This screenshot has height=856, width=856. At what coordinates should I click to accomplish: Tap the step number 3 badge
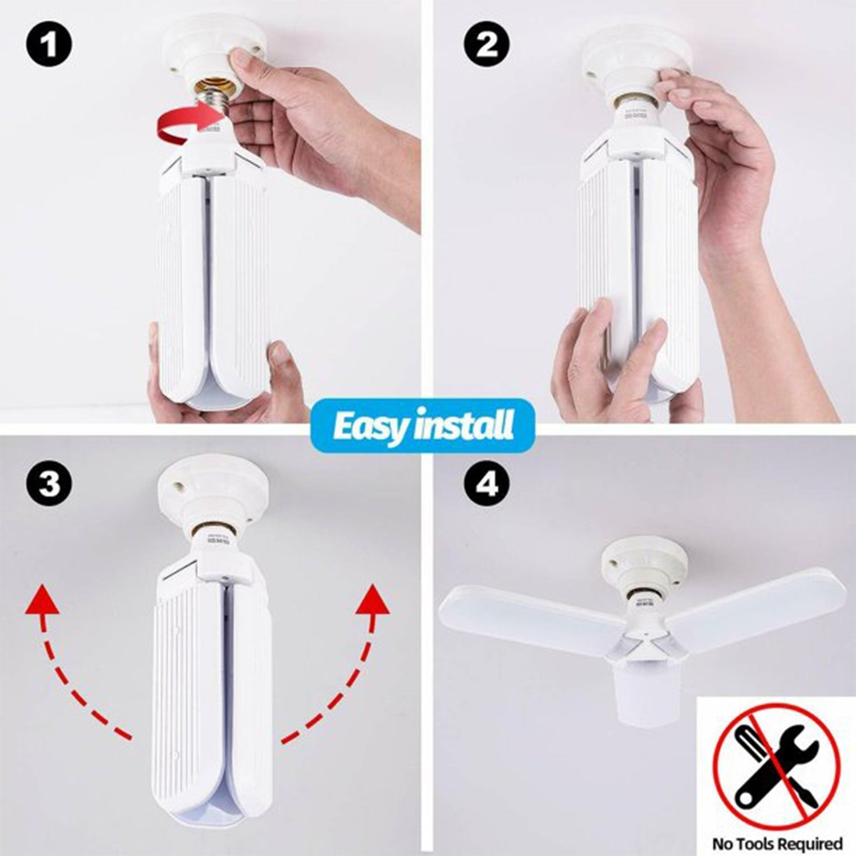click(x=49, y=484)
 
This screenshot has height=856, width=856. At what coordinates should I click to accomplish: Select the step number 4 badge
click(x=486, y=484)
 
